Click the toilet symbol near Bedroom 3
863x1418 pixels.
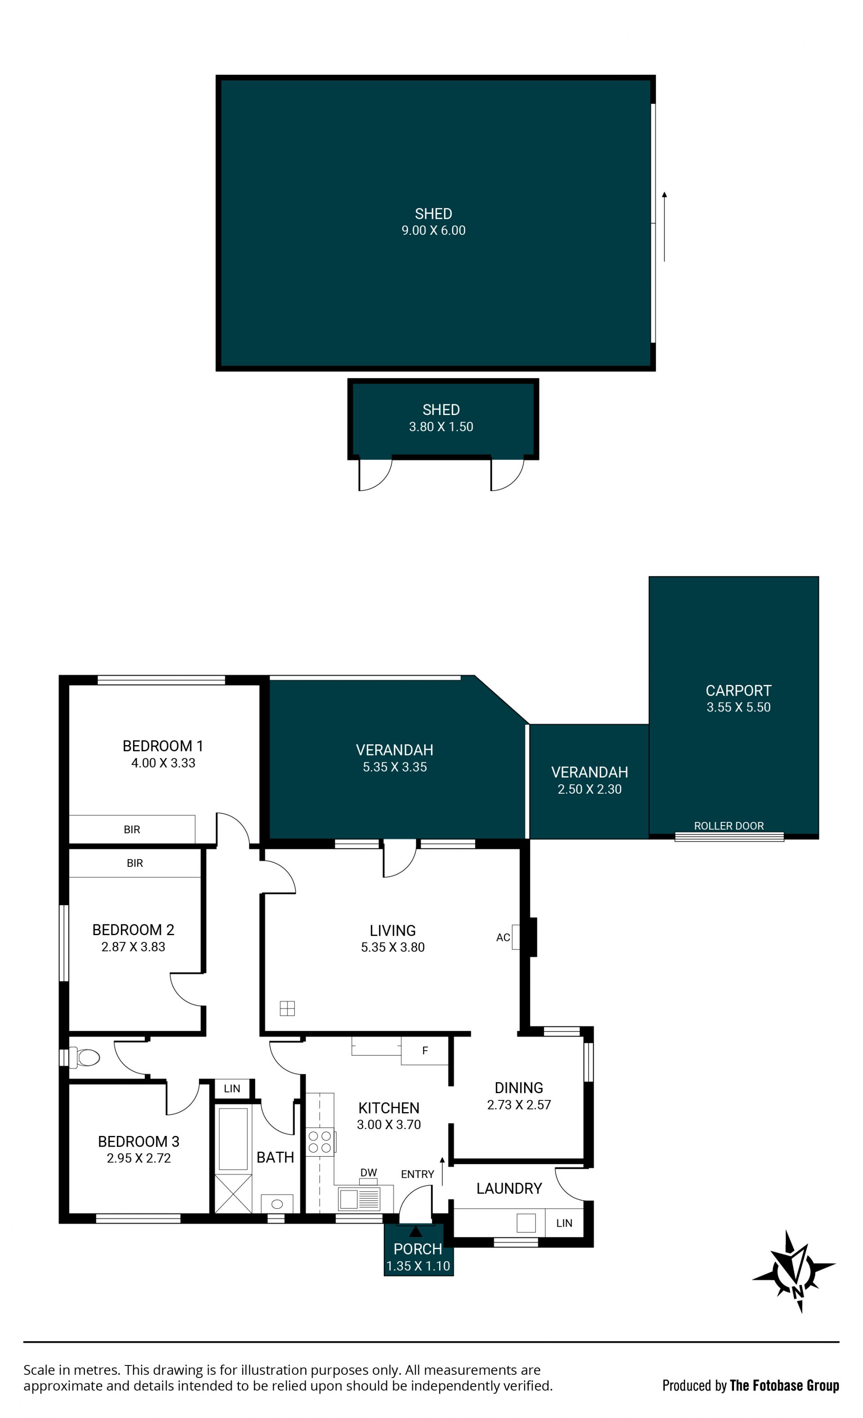pos(84,1057)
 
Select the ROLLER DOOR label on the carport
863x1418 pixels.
pos(729,826)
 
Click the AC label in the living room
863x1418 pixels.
pos(503,937)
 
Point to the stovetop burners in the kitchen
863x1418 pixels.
pos(320,1142)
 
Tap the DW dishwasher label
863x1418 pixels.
pos(369,1172)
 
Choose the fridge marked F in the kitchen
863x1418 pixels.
pos(425,1051)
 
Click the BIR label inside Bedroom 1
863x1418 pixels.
pos(132,829)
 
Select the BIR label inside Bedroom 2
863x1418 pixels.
pos(135,863)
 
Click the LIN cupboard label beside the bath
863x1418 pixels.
pos(232,1088)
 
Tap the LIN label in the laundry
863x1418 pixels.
pos(564,1223)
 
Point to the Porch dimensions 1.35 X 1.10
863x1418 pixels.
pos(418,1266)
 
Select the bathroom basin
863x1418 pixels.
pos(277,1204)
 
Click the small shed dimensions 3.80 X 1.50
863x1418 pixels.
pos(441,426)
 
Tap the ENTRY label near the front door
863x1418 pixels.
pos(418,1174)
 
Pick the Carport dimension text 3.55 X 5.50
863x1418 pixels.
pos(738,707)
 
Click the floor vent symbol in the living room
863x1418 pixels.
pos(287,1008)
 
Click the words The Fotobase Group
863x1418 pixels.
pos(784,1386)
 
